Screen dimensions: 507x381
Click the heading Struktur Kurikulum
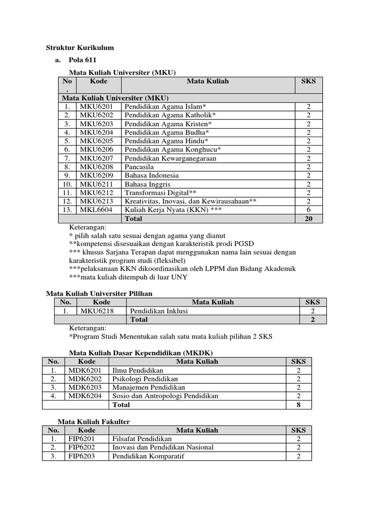80,48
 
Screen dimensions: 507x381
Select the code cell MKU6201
96,106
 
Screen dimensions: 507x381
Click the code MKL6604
96,210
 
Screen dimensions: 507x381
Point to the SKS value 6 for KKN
309,210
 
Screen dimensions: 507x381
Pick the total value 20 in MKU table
309,218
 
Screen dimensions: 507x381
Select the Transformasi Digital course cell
160,193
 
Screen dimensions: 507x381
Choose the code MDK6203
85,387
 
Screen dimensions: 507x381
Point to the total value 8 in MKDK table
298,405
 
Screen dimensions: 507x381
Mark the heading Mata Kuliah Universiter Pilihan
99,294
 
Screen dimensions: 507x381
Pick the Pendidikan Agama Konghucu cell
173,150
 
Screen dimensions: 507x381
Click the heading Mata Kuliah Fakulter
94,421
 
